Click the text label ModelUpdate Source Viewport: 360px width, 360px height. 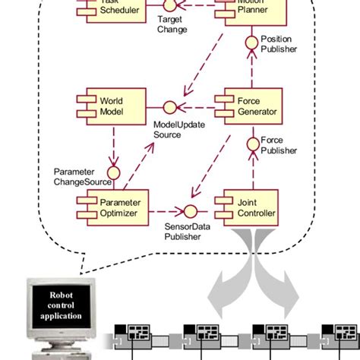[x=178, y=129]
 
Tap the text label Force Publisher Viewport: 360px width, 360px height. [x=277, y=145]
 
